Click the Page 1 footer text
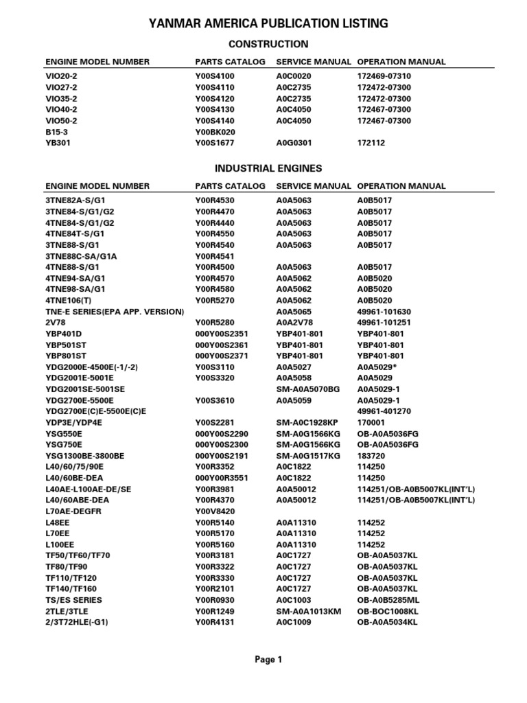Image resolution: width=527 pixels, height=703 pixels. click(x=268, y=660)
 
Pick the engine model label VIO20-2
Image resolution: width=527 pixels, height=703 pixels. click(x=62, y=76)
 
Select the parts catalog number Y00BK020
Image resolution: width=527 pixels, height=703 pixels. click(x=215, y=132)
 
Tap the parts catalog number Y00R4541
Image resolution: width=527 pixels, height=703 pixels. click(x=215, y=256)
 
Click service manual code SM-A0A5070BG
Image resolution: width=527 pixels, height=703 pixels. click(x=308, y=389)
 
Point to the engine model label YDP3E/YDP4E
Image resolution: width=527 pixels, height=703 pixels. click(x=73, y=423)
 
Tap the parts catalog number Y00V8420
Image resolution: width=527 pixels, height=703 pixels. click(x=215, y=511)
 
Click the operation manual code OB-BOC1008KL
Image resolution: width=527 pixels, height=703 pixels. click(x=388, y=611)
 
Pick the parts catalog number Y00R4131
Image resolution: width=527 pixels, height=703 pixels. click(x=215, y=622)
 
